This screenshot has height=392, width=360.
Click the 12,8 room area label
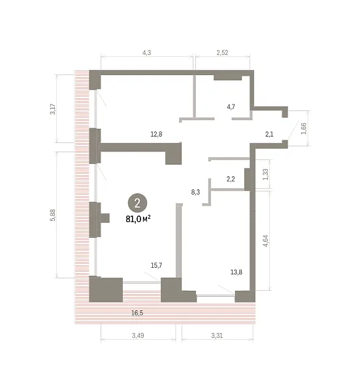(156, 134)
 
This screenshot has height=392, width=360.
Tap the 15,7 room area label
(157, 265)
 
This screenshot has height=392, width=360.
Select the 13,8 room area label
(237, 272)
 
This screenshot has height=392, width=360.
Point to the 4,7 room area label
(231, 107)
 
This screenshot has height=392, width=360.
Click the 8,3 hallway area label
(195, 192)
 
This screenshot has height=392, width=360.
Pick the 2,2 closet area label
(231, 179)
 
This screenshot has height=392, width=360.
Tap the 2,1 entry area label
(269, 134)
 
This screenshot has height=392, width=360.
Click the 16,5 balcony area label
(137, 313)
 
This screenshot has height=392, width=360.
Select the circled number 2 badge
(137, 203)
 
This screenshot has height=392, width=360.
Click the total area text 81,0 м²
(138, 220)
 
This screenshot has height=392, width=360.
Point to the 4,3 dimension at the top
(147, 53)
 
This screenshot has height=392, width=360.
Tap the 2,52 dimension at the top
(223, 53)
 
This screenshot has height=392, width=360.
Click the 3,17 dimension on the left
(53, 109)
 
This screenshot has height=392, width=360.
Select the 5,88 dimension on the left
(53, 215)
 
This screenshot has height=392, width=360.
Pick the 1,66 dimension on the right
(304, 128)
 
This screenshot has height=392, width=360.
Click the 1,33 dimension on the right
(265, 174)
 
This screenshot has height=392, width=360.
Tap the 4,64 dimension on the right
(265, 241)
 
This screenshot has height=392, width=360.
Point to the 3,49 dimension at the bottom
(138, 336)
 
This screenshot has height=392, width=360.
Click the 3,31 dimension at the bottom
(217, 336)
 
